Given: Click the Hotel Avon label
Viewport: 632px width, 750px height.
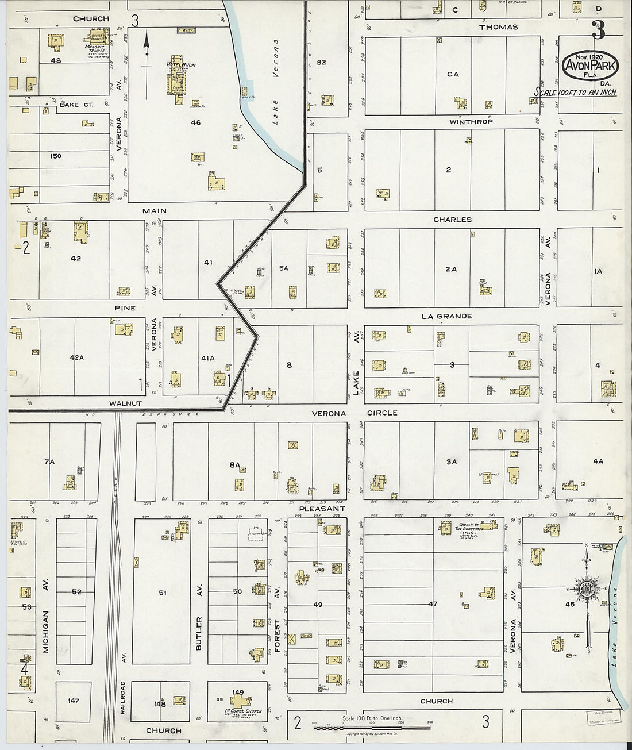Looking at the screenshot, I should point(180,64).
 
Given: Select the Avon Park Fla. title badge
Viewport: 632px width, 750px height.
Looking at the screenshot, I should point(590,66).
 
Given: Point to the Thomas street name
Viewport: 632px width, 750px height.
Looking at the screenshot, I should point(498,27).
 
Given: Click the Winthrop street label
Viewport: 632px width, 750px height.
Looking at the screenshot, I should point(471,122).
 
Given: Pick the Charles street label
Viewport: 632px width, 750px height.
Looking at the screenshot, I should point(453,220).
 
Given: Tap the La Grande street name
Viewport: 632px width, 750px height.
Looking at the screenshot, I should point(446,316).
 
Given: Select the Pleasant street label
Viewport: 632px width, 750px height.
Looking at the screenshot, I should point(322,509).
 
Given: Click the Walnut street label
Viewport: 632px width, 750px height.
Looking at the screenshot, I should point(125,403).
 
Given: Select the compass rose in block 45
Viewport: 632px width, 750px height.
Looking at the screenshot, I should point(587,590).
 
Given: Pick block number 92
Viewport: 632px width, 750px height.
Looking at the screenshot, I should point(321,62).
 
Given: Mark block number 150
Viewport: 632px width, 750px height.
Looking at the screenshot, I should point(56,156).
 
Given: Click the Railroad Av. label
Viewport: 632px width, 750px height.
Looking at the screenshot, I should point(123,698).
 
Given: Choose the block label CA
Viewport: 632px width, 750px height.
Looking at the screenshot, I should point(453,74).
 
